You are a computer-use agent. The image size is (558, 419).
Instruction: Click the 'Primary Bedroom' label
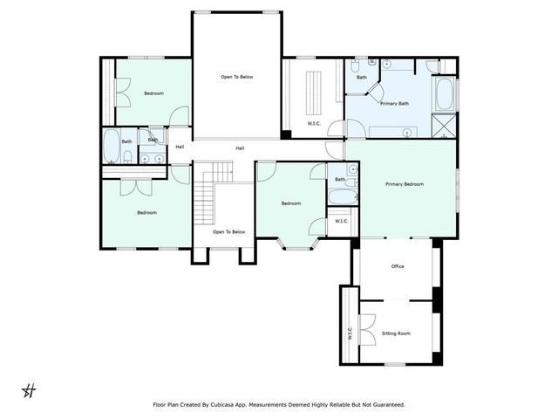(x=405, y=184)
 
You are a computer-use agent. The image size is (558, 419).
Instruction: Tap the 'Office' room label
(x=397, y=266)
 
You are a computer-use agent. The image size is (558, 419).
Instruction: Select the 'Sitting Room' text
(x=397, y=333)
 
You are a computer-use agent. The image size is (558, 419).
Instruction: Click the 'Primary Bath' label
(x=394, y=104)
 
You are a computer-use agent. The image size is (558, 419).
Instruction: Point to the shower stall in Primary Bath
(x=445, y=126)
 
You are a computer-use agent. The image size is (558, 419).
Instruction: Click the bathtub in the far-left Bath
(x=111, y=147)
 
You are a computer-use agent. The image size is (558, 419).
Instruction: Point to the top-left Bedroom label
(x=153, y=93)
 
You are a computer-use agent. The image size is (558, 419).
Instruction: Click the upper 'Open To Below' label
(x=236, y=77)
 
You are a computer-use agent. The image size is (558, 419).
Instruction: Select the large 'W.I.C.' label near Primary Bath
(x=314, y=123)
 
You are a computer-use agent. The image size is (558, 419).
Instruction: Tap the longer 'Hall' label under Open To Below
(x=239, y=148)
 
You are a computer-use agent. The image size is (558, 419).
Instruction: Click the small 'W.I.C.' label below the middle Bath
(x=342, y=221)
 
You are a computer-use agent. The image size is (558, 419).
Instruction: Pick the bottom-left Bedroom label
(x=146, y=213)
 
